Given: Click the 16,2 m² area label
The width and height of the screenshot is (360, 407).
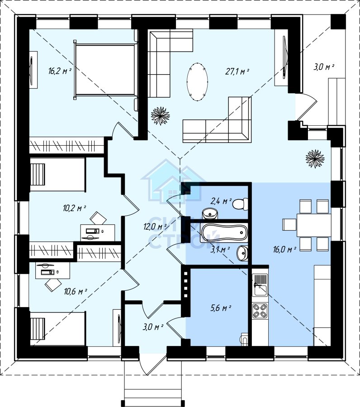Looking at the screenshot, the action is [x=60, y=71].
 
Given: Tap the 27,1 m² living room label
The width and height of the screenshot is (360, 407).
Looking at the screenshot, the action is [x=237, y=71].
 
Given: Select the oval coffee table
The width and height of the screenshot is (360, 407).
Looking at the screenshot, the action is [x=198, y=82].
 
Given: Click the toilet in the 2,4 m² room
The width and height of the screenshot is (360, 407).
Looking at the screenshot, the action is [x=240, y=204].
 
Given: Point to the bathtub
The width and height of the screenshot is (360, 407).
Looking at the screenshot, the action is [x=224, y=232].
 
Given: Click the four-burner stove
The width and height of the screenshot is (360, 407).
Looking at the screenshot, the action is [x=260, y=311].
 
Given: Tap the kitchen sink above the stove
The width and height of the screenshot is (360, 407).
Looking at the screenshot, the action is [x=260, y=285].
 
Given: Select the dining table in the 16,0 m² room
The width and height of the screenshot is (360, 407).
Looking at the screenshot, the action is [x=314, y=225].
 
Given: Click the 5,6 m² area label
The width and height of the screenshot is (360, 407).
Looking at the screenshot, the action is [x=221, y=308].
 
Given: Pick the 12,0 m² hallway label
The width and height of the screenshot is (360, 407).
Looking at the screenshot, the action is [x=155, y=227].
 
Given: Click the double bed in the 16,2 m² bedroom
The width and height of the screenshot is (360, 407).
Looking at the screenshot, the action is [x=105, y=70].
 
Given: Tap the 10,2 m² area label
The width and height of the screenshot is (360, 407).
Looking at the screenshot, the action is [x=75, y=208].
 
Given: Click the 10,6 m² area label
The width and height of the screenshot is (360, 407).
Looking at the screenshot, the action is [x=76, y=292].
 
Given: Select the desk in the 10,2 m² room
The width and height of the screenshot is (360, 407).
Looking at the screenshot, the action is [x=98, y=232].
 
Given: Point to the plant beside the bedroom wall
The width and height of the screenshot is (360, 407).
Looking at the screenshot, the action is [x=161, y=116].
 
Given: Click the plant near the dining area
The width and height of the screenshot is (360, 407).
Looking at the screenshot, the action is [x=315, y=158].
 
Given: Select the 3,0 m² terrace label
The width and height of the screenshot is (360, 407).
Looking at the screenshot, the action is [x=324, y=67].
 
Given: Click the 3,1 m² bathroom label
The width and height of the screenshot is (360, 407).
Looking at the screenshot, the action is [x=220, y=250].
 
